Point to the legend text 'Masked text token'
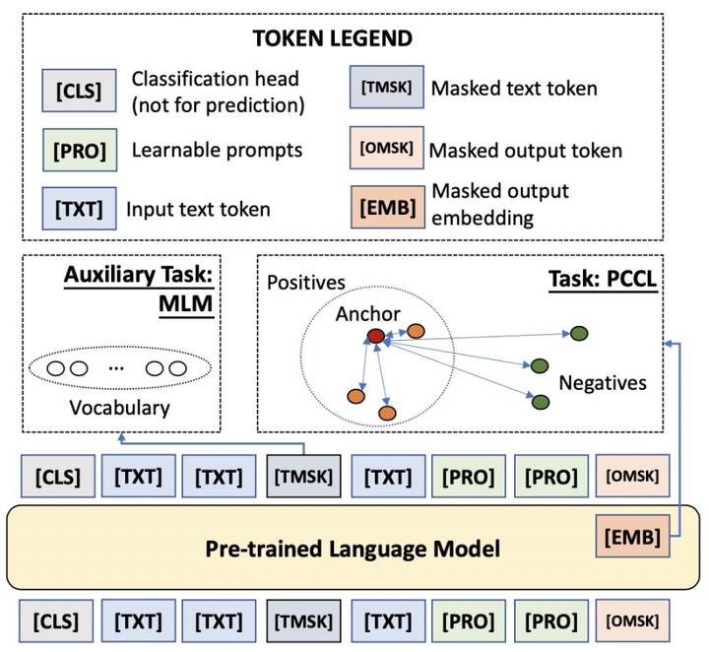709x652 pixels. [x=514, y=88]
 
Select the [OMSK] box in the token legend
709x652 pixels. [x=390, y=149]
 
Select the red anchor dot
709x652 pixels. [x=375, y=337]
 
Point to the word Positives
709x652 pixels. [x=305, y=283]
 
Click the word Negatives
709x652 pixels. [x=603, y=381]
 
